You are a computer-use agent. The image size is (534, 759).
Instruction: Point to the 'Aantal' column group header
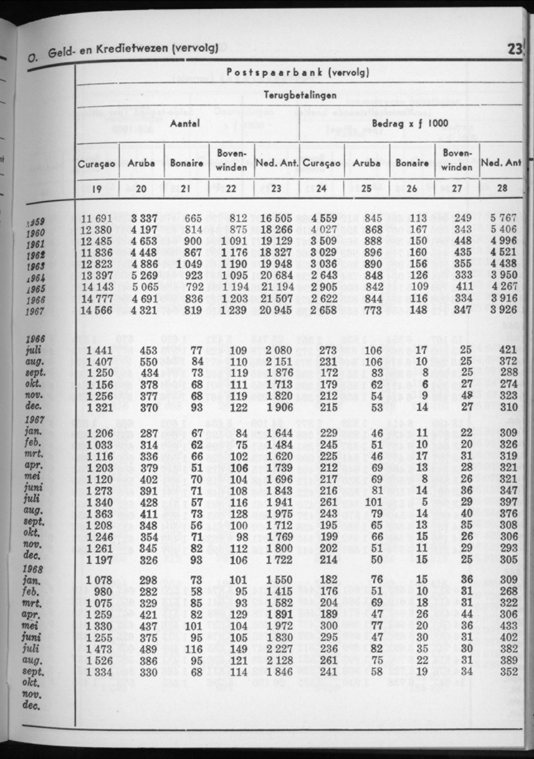tap(185, 123)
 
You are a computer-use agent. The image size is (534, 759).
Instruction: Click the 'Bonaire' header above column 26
tap(411, 163)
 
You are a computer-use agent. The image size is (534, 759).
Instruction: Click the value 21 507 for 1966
tap(276, 299)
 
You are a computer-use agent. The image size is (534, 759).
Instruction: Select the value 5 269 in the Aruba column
tap(140, 276)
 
